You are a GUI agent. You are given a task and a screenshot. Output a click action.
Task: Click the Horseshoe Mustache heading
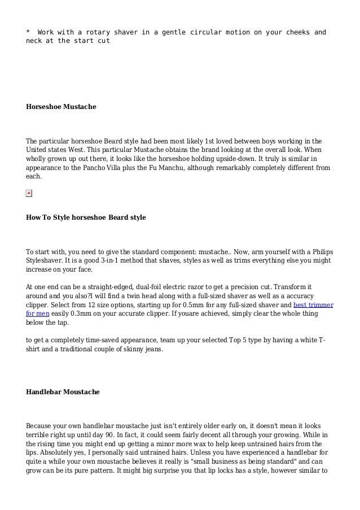pos(61,106)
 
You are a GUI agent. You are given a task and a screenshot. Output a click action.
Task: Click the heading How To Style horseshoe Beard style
pos(86,217)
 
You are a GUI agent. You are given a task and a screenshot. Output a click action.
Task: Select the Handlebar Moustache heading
pos(63,391)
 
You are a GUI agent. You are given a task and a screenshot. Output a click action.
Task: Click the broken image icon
pos(29,193)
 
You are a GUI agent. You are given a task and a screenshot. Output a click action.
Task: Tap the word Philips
pos(319,252)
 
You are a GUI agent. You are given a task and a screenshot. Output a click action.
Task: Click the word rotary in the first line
pos(93,32)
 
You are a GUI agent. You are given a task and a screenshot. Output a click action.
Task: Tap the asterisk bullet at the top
pos(28,32)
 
